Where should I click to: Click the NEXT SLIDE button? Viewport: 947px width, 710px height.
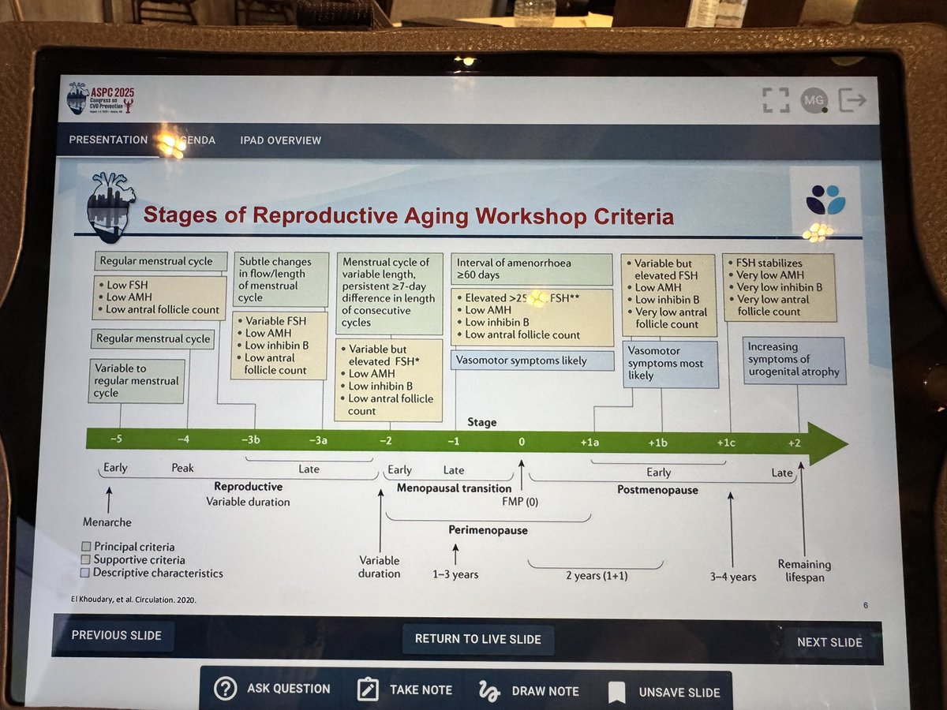829,641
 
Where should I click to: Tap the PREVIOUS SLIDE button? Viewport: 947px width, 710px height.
116,635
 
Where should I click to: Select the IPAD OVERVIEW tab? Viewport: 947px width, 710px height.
280,140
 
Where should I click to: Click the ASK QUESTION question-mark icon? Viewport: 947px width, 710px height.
225,689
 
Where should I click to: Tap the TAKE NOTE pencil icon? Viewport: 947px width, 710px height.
369,689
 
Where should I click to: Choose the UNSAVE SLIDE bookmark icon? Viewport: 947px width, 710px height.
616,692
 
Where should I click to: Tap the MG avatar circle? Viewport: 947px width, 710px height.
812,100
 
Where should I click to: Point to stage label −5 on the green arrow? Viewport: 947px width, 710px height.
116,439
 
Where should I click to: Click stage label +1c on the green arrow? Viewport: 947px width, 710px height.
725,443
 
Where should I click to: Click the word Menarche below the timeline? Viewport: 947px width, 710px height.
107,522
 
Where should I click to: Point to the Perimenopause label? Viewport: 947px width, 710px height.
488,530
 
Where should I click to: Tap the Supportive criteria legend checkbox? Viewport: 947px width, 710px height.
86,559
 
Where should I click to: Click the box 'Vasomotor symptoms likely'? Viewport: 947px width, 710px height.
532,361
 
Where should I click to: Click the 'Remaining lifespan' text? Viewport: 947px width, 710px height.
804,570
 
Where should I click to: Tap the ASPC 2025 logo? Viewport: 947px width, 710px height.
100,98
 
